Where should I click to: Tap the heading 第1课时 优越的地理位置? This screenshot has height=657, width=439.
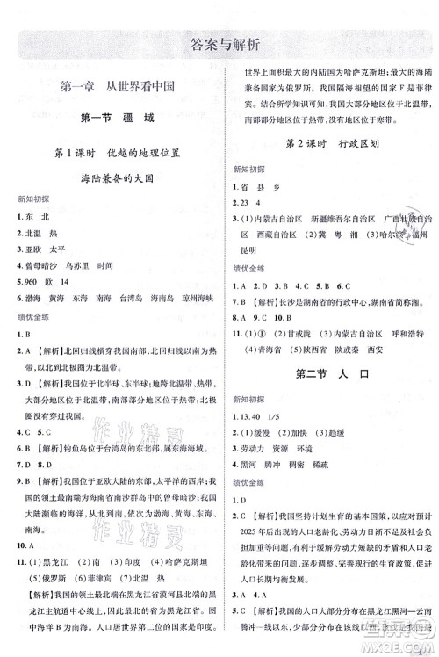(x=117, y=155)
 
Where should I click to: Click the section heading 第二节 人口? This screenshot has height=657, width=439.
(x=330, y=376)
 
